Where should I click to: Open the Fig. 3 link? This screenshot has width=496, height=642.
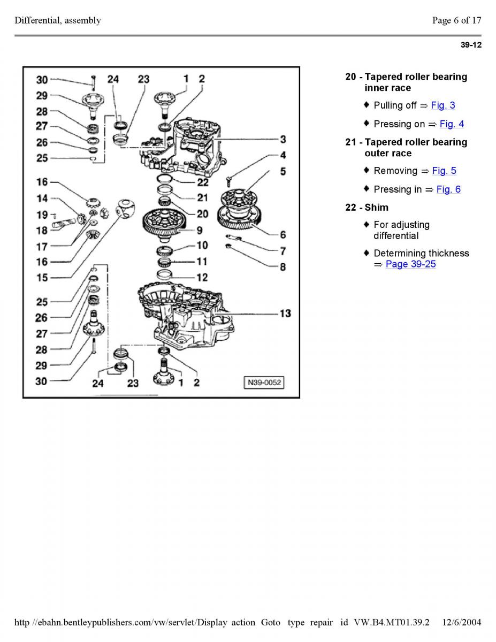(x=443, y=105)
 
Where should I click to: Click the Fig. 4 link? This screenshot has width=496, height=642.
(x=452, y=124)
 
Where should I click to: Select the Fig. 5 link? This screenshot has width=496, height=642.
(x=444, y=171)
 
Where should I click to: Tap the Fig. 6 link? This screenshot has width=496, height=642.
(x=448, y=189)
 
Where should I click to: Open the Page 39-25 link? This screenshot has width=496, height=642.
(x=410, y=264)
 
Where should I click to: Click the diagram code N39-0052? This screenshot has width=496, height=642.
(x=264, y=383)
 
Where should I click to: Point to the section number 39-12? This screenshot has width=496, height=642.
(x=471, y=45)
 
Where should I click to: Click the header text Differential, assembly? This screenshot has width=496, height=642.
(x=58, y=21)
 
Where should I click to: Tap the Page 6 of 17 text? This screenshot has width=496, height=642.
(x=456, y=21)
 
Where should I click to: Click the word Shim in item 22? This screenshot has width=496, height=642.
(x=377, y=207)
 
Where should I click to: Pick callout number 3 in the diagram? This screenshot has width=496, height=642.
(x=283, y=139)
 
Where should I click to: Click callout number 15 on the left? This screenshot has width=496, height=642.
(x=42, y=277)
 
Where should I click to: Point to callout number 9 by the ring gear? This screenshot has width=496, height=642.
(x=199, y=231)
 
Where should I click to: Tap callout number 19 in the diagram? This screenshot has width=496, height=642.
(x=42, y=215)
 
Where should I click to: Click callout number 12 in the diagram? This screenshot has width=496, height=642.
(x=202, y=278)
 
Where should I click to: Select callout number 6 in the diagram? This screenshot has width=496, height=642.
(x=283, y=234)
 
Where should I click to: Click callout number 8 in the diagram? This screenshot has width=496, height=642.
(x=283, y=267)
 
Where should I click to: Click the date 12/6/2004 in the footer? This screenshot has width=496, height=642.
(x=462, y=622)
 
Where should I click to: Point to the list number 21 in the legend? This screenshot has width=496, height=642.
(x=351, y=142)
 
